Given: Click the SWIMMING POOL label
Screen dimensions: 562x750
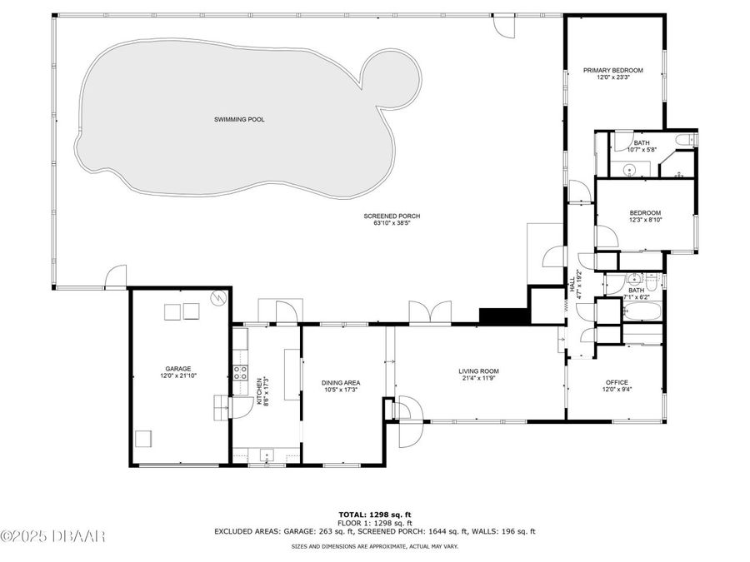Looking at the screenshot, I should tap(239, 120).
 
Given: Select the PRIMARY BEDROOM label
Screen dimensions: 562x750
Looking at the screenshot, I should tap(612, 71).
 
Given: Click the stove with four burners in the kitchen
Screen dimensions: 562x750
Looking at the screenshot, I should tap(240, 373).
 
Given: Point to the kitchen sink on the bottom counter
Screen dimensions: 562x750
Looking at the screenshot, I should tap(265, 455).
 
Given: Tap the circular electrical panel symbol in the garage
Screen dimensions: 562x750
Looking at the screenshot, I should tap(218, 296).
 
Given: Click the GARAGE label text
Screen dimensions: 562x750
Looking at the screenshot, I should tap(177, 369).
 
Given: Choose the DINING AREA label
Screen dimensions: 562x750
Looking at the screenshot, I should tap(341, 383).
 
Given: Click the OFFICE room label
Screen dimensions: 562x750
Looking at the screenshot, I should tap(617, 383).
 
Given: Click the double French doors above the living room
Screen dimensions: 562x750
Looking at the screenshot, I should tap(428, 311).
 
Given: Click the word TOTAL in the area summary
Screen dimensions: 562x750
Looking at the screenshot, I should tap(350, 515).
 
